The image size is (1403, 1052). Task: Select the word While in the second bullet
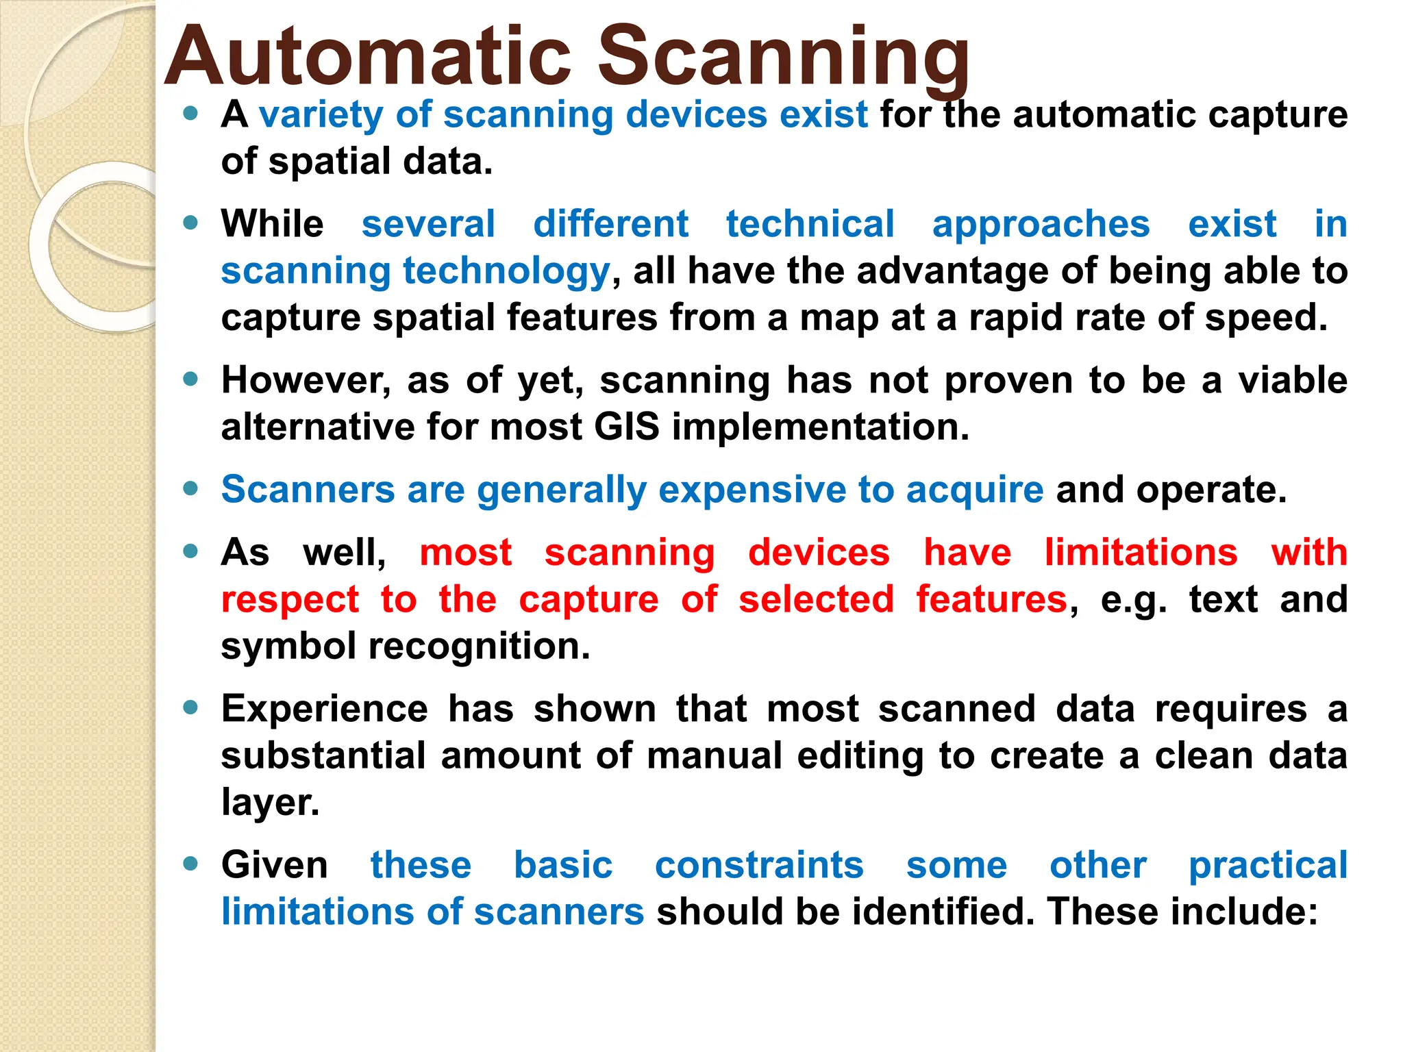272,224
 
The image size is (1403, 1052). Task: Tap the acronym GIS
626,427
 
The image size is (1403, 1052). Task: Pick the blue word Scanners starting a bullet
308,490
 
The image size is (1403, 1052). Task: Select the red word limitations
1141,552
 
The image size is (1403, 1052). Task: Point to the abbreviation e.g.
1133,600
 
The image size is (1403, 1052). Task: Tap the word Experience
324,709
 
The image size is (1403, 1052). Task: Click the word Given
274,865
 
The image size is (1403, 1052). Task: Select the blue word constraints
759,865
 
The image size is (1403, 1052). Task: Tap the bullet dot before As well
190,551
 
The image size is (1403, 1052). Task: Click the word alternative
317,427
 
